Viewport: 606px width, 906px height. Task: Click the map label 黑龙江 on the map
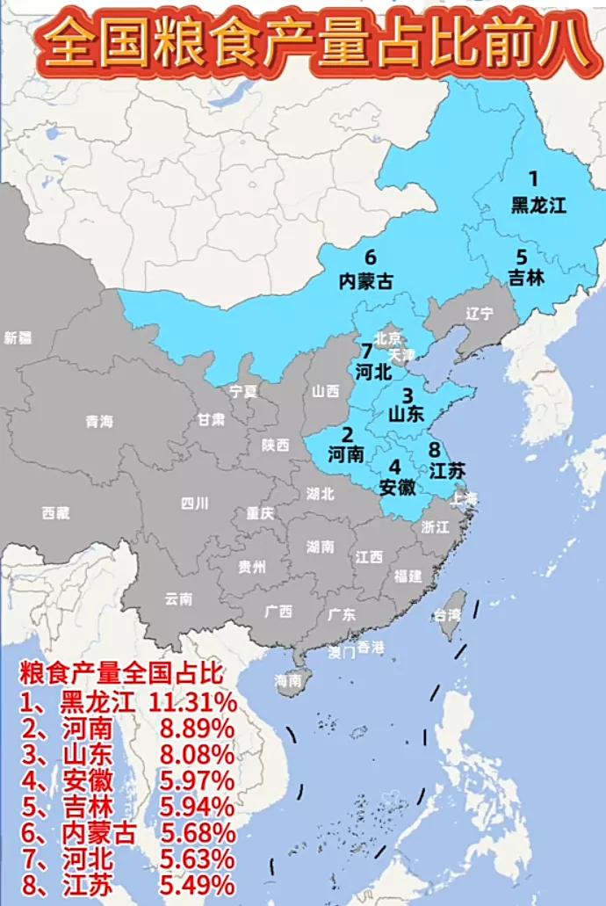tap(539, 206)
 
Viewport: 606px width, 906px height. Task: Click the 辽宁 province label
tap(480, 314)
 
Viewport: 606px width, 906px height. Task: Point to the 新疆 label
tap(18, 337)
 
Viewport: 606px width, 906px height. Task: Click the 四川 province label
tap(194, 504)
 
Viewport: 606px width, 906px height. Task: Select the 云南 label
tap(178, 599)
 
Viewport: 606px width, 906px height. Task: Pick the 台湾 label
tap(446, 615)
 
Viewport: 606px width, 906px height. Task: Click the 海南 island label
tap(288, 679)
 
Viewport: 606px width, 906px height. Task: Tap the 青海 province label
tap(99, 422)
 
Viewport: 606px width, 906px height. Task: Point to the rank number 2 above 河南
tap(348, 434)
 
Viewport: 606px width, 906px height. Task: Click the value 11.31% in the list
tap(192, 702)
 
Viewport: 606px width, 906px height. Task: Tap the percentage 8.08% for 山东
tap(197, 755)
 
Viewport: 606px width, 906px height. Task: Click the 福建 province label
tap(408, 576)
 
